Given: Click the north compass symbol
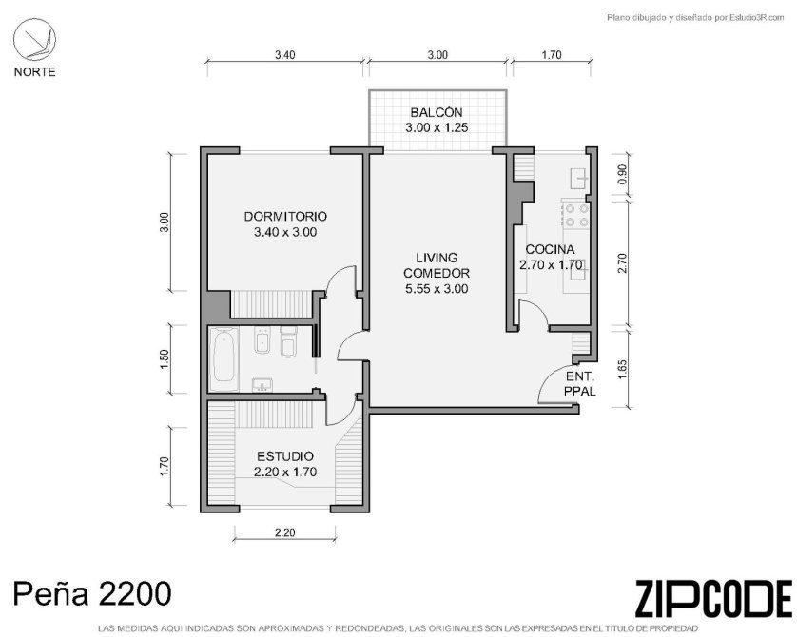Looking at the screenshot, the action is pyautogui.click(x=34, y=40).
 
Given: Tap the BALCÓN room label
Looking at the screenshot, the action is pyautogui.click(x=437, y=112).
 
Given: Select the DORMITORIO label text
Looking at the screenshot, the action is pyautogui.click(x=285, y=217).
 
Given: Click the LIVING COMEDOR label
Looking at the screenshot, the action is pyautogui.click(x=437, y=265).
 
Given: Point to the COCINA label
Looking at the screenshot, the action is pyautogui.click(x=550, y=249).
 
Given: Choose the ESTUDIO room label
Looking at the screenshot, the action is pyautogui.click(x=285, y=456).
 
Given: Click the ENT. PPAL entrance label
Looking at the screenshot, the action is pyautogui.click(x=580, y=384).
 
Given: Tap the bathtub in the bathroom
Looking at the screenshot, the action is pyautogui.click(x=224, y=359).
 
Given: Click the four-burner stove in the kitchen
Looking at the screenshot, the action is pyautogui.click(x=576, y=214).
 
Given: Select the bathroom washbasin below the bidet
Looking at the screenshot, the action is pyautogui.click(x=262, y=385).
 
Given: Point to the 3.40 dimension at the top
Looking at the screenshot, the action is pyautogui.click(x=284, y=55).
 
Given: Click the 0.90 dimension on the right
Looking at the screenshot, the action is pyautogui.click(x=623, y=174).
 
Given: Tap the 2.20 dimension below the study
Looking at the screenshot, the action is pyautogui.click(x=284, y=532).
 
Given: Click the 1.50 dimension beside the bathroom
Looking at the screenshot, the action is pyautogui.click(x=164, y=359).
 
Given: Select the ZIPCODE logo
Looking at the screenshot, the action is pyautogui.click(x=713, y=599).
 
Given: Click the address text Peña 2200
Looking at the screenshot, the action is pyautogui.click(x=92, y=594).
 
